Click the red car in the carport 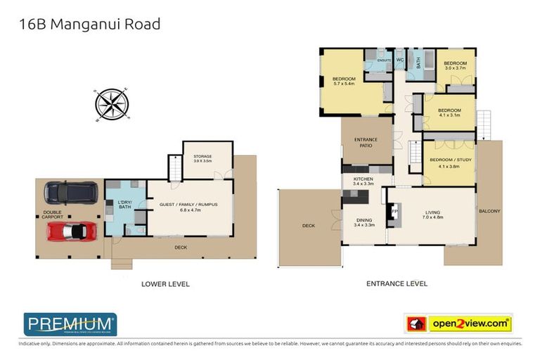(71, 231)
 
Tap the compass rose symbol (110, 104)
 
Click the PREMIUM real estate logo (70, 323)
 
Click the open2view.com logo (459, 323)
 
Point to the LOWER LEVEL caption (165, 284)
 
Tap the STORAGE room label (202, 157)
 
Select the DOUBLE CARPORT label (52, 215)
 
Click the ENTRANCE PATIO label (366, 143)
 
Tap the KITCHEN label (363, 180)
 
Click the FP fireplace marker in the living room (394, 211)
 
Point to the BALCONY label (489, 210)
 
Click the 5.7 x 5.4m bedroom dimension (344, 84)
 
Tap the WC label (399, 60)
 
